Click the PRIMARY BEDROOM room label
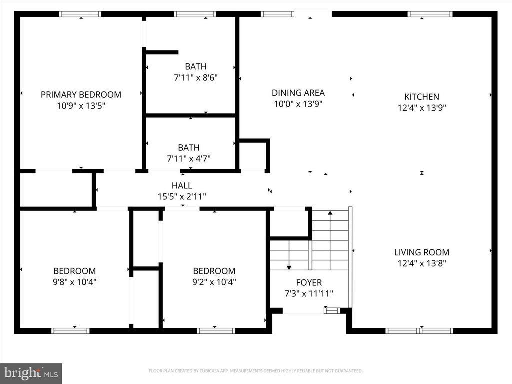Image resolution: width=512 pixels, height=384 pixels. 81,94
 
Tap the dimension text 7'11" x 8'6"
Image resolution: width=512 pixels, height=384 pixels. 196,77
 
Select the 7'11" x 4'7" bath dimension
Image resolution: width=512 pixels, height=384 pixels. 189,158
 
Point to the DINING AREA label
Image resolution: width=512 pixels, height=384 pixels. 298,93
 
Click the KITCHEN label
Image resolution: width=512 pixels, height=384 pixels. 422,97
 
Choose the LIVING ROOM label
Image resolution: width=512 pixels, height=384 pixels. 422,252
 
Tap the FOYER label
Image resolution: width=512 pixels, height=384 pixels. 309,283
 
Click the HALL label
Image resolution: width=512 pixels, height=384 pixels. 182,186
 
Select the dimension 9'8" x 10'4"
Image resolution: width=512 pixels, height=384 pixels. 75,282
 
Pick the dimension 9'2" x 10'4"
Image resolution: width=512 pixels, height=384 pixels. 214,282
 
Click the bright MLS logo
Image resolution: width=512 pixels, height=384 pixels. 31,373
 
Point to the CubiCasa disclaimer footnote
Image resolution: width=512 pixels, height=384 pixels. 255,371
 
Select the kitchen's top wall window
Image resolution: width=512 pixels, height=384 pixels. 430,14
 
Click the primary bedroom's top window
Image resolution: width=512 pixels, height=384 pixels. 80,14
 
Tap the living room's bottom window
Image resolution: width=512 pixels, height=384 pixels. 419,331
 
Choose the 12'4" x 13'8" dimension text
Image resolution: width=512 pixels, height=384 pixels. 422,263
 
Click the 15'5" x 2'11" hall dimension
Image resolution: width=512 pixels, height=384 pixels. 182,196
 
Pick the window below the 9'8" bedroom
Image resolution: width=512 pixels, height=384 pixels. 70,331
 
